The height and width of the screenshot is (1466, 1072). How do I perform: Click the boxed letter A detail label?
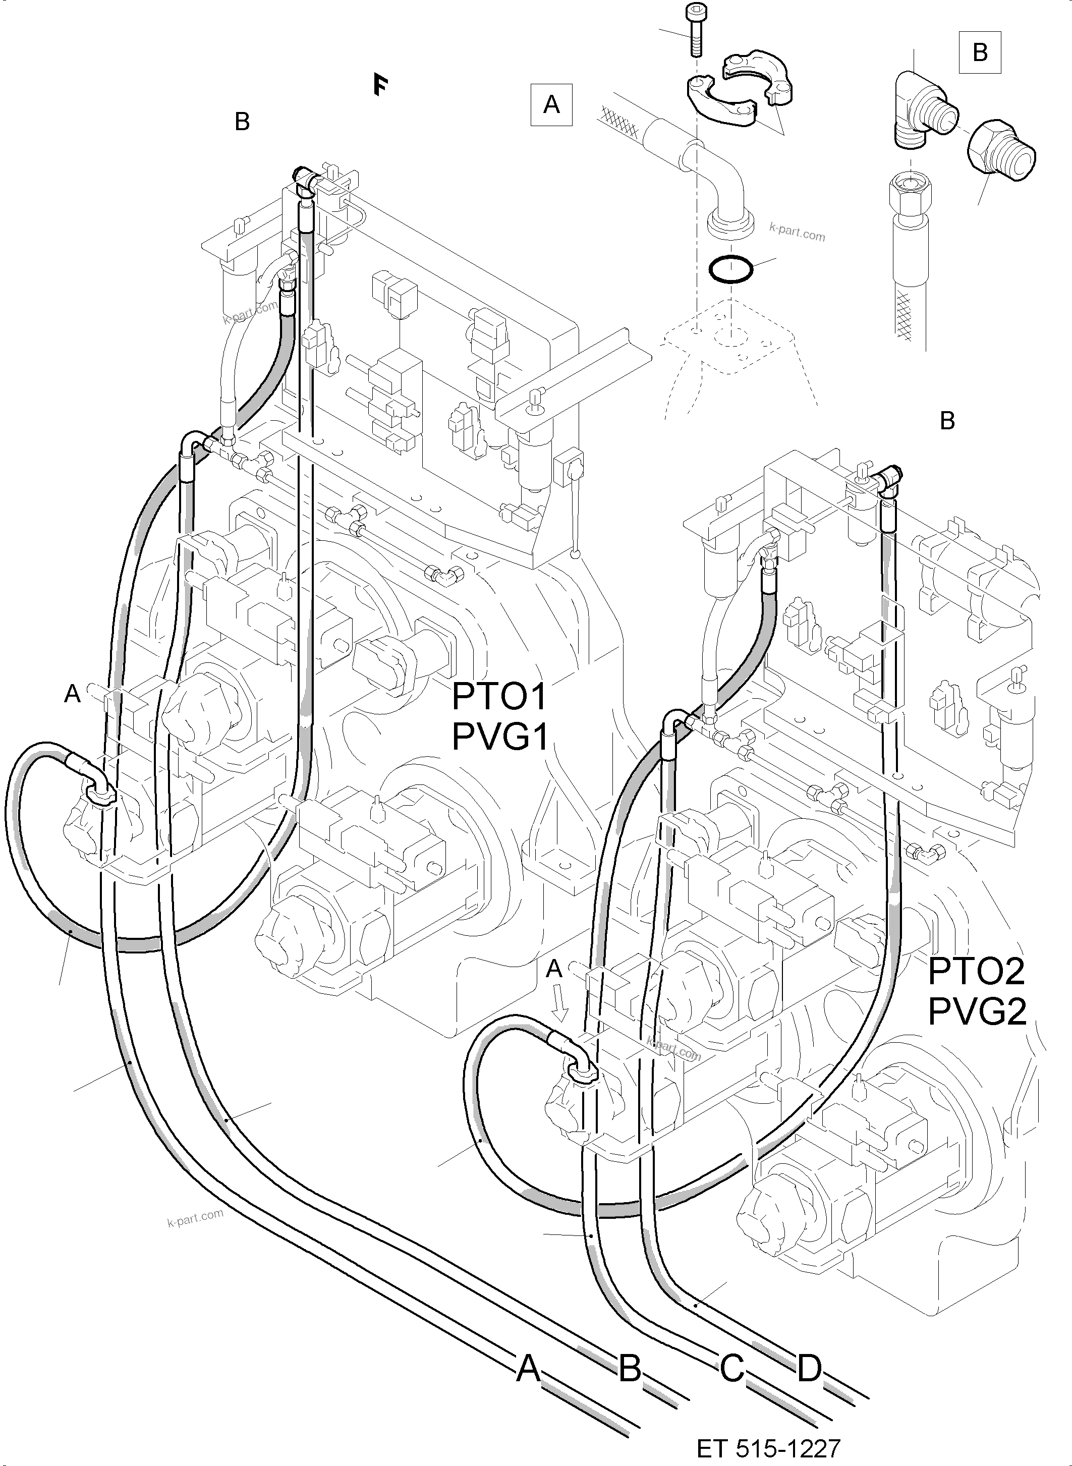551,104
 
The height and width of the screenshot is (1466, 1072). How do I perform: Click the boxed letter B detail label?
980,52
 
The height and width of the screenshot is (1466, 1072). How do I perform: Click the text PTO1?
499,698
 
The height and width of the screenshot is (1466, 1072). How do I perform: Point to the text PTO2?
976,972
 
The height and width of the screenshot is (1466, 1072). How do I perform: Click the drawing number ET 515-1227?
768,1448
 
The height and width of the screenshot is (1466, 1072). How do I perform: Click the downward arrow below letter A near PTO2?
560,1004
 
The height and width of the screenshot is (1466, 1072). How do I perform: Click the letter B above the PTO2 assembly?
947,421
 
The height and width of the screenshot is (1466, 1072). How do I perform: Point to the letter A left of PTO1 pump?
72,694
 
